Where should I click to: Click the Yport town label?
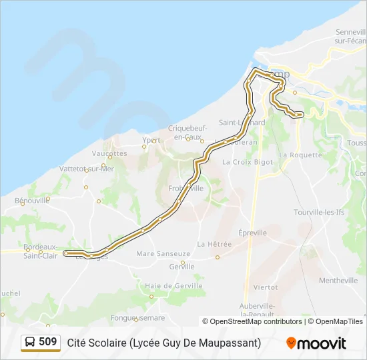click(x=152, y=141)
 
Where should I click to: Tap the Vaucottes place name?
click(x=109, y=153)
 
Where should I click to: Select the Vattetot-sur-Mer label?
click(x=87, y=169)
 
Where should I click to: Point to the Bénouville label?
click(x=32, y=200)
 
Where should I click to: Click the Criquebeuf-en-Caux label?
click(x=188, y=132)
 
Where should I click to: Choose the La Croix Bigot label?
click(x=248, y=162)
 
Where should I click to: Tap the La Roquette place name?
click(x=300, y=155)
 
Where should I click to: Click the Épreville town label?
click(x=252, y=233)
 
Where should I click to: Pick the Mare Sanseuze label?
click(x=163, y=253)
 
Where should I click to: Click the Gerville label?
click(x=181, y=267)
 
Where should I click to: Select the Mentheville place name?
click(x=338, y=281)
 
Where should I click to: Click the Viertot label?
click(x=266, y=287)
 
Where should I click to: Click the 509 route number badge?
click(x=48, y=342)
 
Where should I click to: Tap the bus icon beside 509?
click(x=31, y=343)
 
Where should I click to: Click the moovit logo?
click(x=316, y=343)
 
